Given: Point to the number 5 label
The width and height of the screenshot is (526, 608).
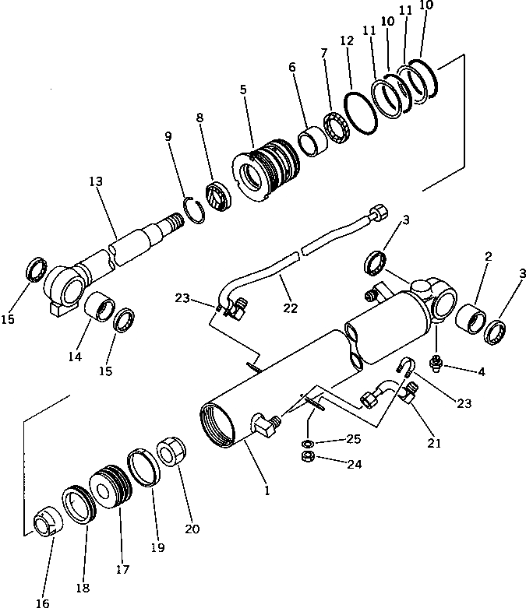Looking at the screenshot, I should pos(243,90).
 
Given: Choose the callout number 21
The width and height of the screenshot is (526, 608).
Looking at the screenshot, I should pos(434,444).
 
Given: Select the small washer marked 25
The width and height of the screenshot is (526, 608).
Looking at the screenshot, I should pos(308,443).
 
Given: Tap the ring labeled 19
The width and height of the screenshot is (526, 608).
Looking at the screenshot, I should pos(144,467).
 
